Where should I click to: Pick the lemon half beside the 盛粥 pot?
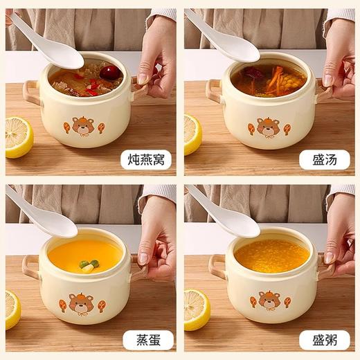click(x=196, y=309)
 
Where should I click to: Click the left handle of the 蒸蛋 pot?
click(x=31, y=266)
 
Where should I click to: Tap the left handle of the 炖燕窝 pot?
click(x=31, y=89)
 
